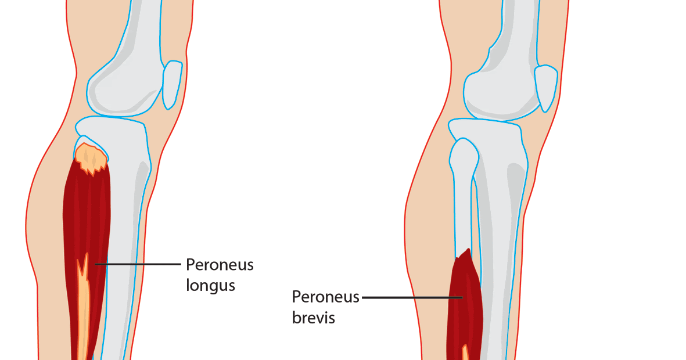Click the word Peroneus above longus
[220, 265]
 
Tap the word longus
[210, 285]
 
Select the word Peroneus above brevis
[326, 297]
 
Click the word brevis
[313, 318]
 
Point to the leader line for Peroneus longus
[139, 264]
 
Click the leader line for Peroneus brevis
[407, 297]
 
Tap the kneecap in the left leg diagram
[172, 85]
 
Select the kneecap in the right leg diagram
[545, 88]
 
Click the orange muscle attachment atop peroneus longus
[91, 157]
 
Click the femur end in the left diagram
[125, 87]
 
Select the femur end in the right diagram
[500, 93]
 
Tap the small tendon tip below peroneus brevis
[465, 352]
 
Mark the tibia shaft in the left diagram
[125, 244]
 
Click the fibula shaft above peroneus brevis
[462, 215]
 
